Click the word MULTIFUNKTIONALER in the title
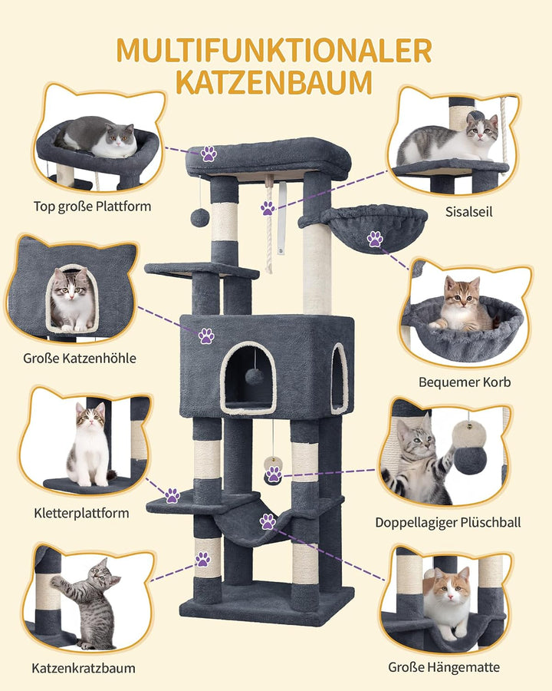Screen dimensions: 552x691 pyautogui.click(x=274, y=51)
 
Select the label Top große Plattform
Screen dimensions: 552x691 pyautogui.click(x=93, y=207)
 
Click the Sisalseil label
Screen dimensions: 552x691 pyautogui.click(x=468, y=212)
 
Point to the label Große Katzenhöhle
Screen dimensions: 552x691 pyautogui.click(x=80, y=359)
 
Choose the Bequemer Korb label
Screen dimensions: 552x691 pyautogui.click(x=465, y=382)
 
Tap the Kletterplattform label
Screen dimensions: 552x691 pyautogui.click(x=81, y=513)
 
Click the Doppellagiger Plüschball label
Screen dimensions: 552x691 pyautogui.click(x=448, y=523)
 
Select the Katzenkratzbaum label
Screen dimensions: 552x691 pyautogui.click(x=84, y=668)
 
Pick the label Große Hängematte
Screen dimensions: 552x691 pyautogui.click(x=444, y=667)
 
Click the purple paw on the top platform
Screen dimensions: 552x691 pyautogui.click(x=209, y=154)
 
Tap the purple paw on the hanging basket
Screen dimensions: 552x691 pyautogui.click(x=375, y=239)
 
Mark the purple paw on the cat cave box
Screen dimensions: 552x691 pyautogui.click(x=206, y=336)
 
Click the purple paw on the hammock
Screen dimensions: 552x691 pyautogui.click(x=268, y=521)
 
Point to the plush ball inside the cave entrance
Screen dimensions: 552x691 pyautogui.click(x=254, y=377)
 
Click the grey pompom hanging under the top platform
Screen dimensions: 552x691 pyautogui.click(x=199, y=218)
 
